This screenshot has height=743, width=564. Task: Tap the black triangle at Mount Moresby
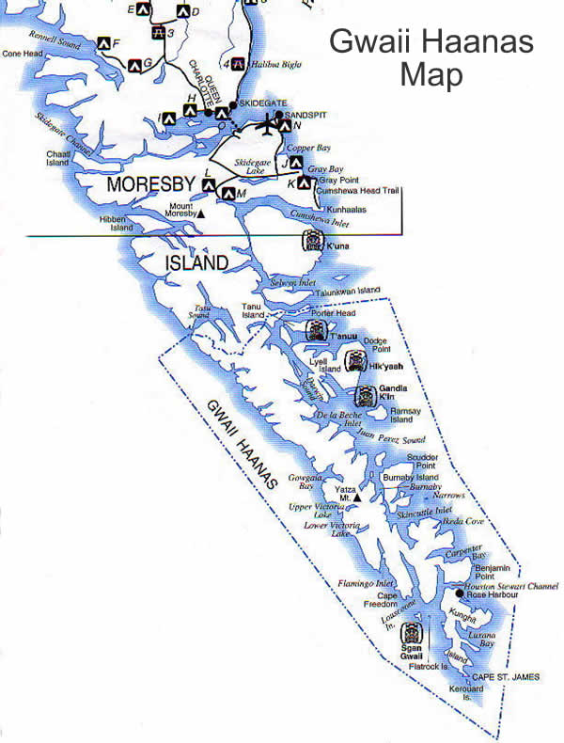[x=199, y=214]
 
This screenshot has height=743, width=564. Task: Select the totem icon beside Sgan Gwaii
[x=412, y=632]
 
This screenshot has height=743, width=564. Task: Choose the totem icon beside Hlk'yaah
[x=355, y=359]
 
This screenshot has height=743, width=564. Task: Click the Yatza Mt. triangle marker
[x=357, y=496]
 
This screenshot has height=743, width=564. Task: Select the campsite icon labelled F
[x=102, y=43]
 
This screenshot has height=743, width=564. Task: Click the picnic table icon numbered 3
[x=159, y=33]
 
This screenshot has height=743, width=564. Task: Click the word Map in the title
[x=431, y=74]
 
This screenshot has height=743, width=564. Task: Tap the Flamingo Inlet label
[x=372, y=583]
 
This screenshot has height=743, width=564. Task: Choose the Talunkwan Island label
[x=348, y=291]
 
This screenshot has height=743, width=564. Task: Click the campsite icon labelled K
[x=304, y=183]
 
